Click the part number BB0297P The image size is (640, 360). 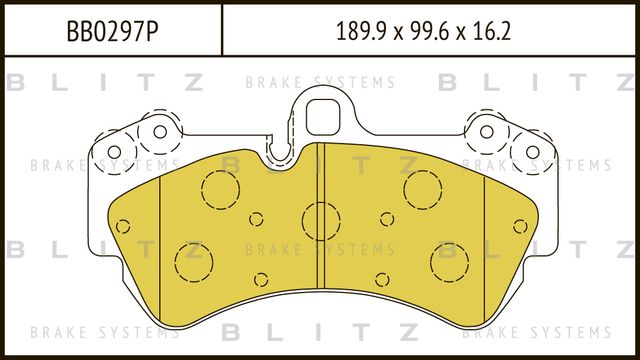[x=109, y=31]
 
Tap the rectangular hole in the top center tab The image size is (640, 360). [x=322, y=112]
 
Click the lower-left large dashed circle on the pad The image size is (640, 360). [x=193, y=262]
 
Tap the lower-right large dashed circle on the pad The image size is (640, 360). [x=449, y=262]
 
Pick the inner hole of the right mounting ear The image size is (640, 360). [x=485, y=131]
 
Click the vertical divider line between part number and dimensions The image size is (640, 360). [x=220, y=31]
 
